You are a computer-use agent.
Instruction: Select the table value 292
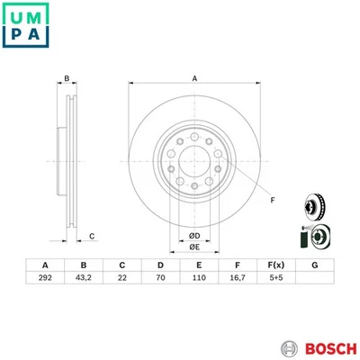pyautogui.click(x=45, y=280)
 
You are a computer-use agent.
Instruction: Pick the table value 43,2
pyautogui.click(x=85, y=280)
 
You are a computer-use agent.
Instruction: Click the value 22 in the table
pyautogui.click(x=122, y=280)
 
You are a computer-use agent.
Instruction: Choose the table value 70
pyautogui.click(x=160, y=280)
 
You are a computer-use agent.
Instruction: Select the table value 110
pyautogui.click(x=198, y=280)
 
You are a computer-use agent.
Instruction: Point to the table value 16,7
pyautogui.click(x=237, y=280)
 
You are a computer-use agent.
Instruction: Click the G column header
pyautogui.click(x=313, y=265)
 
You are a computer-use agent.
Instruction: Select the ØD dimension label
pyautogui.click(x=194, y=236)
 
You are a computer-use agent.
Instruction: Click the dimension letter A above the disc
pyautogui.click(x=193, y=78)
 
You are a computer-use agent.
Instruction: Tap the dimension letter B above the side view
pyautogui.click(x=66, y=78)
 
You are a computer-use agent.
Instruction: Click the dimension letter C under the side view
pyautogui.click(x=92, y=236)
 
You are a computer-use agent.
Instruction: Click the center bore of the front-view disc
pyautogui.click(x=194, y=162)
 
